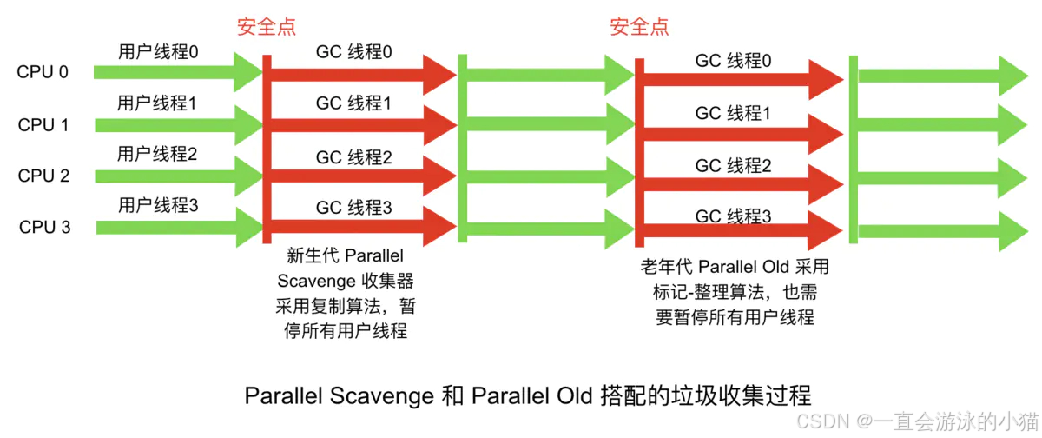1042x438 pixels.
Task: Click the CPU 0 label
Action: [x=43, y=72]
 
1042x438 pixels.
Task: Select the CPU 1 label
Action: [x=43, y=124]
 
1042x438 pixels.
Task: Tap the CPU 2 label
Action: [x=43, y=176]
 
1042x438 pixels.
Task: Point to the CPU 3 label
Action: [x=43, y=228]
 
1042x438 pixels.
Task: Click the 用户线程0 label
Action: [x=158, y=52]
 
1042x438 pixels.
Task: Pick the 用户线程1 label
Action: [x=157, y=103]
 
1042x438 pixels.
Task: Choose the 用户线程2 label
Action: [x=158, y=155]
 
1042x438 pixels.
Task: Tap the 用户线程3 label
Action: [x=158, y=206]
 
